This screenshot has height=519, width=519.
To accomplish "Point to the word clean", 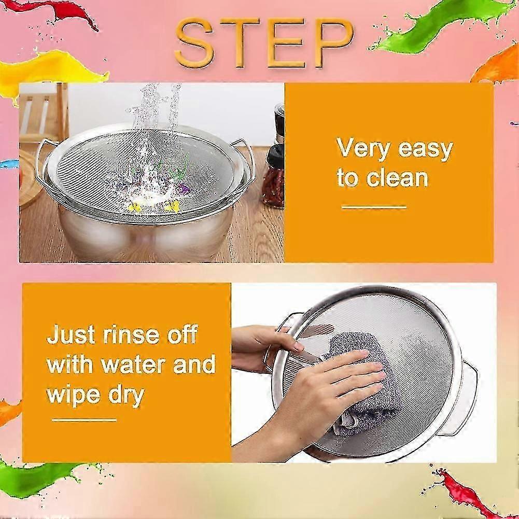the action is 397,177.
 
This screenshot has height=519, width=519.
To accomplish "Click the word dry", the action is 127,396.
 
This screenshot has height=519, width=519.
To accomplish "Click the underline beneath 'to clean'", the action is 374,207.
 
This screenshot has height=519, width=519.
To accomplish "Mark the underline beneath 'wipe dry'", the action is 84,420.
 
